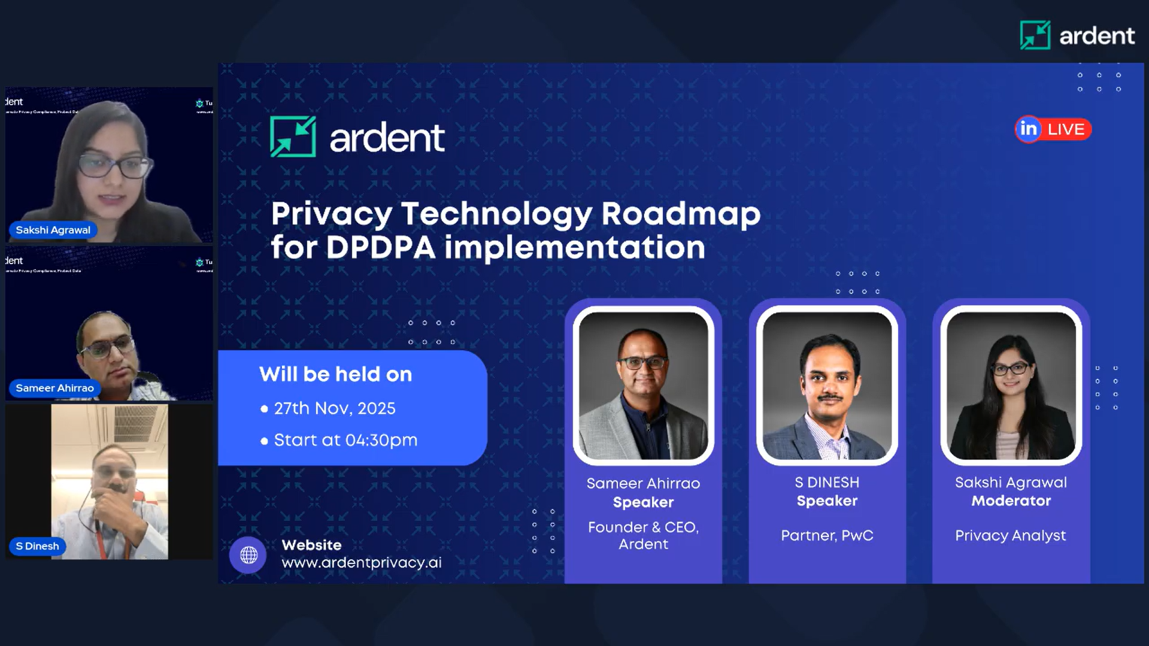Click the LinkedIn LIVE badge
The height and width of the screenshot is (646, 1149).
point(1053,129)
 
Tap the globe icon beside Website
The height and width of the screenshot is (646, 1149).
point(248,555)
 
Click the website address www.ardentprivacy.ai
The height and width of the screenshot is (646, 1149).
point(362,563)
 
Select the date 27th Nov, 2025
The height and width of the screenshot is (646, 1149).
point(334,408)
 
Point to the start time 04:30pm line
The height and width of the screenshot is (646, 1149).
point(345,440)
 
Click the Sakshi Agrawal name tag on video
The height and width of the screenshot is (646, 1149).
point(53,230)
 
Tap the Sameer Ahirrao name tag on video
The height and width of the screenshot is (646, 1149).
point(54,388)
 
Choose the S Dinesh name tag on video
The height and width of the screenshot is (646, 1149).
point(37,546)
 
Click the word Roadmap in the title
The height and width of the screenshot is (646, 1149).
point(681,214)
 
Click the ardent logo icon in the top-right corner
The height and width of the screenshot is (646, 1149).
point(1035,35)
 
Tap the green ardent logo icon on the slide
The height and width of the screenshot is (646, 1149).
point(293,137)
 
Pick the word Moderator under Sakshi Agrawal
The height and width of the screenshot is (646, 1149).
point(1011,501)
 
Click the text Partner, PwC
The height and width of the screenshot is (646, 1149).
point(827,535)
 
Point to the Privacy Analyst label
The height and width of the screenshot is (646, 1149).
point(1010,535)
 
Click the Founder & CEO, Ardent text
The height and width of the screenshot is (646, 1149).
point(643,535)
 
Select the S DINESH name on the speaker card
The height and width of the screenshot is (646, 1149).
point(827,483)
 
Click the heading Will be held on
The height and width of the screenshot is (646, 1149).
point(335,374)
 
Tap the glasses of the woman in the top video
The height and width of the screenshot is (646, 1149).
point(113,166)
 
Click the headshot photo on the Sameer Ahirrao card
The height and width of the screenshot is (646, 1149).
point(643,386)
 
